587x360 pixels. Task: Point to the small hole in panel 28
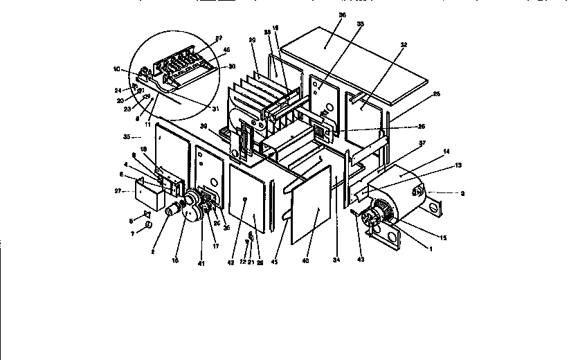[x=246, y=199]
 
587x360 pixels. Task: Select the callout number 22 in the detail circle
[x=219, y=37]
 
